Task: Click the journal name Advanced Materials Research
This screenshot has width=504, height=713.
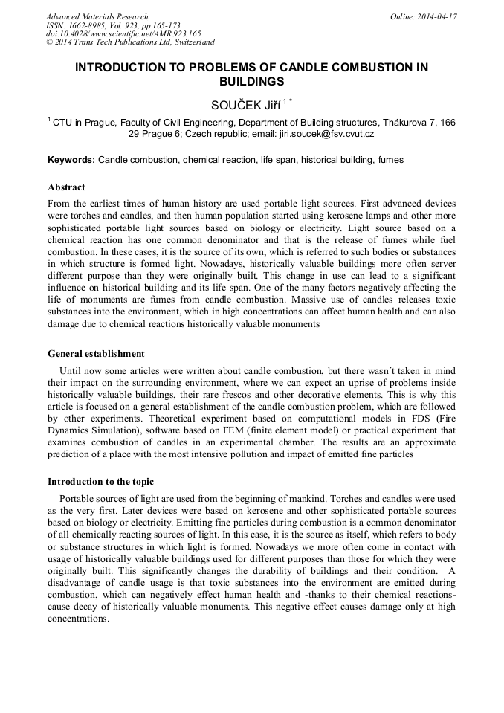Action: point(97,16)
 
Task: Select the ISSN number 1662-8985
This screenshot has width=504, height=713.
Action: point(87,25)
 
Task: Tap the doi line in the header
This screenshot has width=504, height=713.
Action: point(123,34)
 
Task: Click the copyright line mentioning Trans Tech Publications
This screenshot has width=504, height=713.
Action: point(130,43)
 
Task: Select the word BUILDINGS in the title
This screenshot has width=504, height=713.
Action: point(251,81)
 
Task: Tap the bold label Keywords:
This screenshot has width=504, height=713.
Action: point(71,160)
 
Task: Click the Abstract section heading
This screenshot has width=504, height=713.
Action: point(66,187)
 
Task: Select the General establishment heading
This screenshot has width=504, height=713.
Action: point(96,354)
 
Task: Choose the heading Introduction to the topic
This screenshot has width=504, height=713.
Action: point(100,482)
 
